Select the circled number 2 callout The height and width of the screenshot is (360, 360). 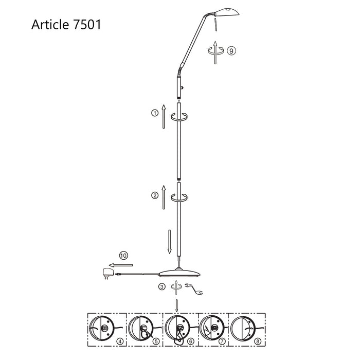pos(154,195)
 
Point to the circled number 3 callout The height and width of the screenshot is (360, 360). pos(162,286)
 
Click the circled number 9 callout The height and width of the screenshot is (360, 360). pos(232,50)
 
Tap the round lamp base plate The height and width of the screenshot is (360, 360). pos(177,273)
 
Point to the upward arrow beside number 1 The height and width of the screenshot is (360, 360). pos(163,116)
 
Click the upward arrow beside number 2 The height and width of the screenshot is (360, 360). pos(163,197)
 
